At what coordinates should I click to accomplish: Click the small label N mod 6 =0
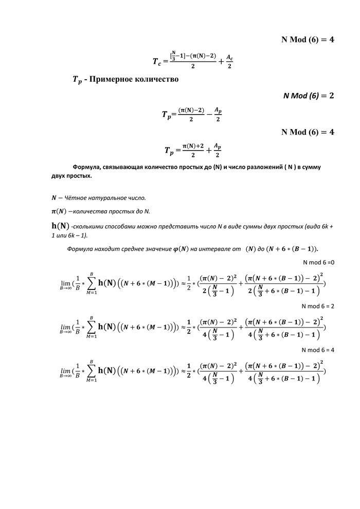318,262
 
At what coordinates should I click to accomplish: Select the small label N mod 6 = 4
318,350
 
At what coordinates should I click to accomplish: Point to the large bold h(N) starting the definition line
60,225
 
